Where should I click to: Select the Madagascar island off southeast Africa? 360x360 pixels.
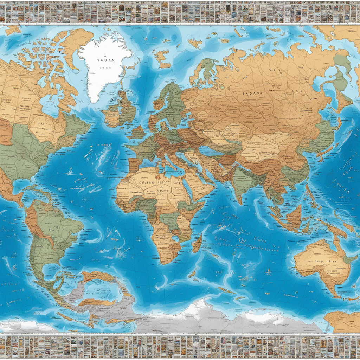(197, 243)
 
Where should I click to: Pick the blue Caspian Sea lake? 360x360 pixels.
(211, 151)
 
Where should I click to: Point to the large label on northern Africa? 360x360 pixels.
(151, 183)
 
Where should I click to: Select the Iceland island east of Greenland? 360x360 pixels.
(162, 58)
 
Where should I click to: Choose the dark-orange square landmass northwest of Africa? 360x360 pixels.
(133, 165)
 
